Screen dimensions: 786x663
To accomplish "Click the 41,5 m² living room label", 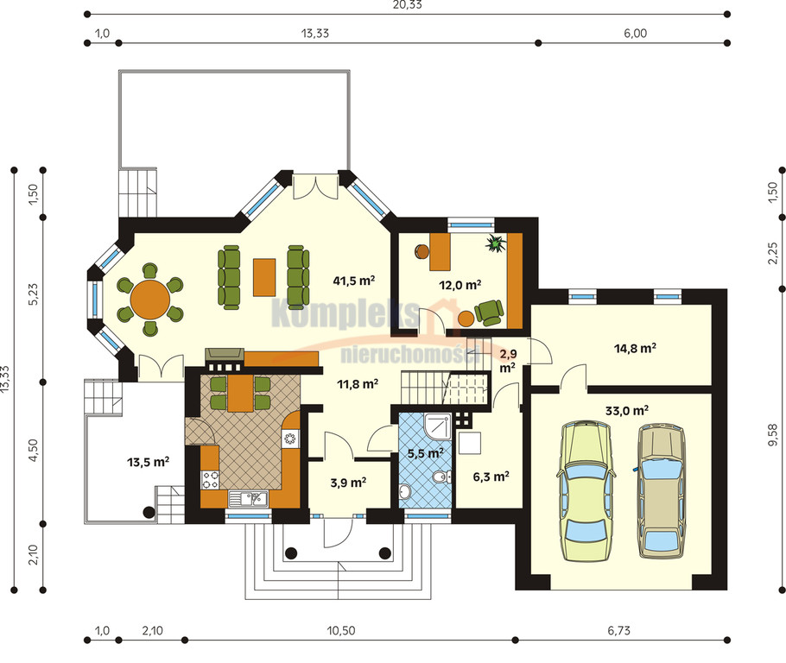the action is click(x=354, y=281).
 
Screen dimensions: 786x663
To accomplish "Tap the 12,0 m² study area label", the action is click(x=460, y=285).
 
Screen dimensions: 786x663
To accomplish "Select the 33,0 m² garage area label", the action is click(x=627, y=411).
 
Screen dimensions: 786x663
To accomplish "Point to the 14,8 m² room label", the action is click(x=636, y=348).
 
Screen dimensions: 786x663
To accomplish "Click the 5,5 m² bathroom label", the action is click(x=425, y=453).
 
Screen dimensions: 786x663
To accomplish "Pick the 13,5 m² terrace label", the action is click(x=148, y=462).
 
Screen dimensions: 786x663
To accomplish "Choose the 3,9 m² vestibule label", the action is click(x=348, y=483).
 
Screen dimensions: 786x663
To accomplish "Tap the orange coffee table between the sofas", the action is click(x=264, y=277).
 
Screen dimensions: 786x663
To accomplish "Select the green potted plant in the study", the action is click(x=497, y=243).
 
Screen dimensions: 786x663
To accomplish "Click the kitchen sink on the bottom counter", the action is click(x=248, y=499).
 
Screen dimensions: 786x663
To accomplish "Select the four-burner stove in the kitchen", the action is click(x=210, y=479).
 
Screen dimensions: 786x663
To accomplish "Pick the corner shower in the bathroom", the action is click(x=438, y=425).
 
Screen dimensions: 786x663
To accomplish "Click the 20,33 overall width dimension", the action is click(x=407, y=5).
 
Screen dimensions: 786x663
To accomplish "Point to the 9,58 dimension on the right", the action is click(x=774, y=434).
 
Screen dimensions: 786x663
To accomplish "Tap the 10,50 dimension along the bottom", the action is click(x=341, y=630).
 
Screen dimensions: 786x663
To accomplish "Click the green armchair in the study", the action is click(x=489, y=313).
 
